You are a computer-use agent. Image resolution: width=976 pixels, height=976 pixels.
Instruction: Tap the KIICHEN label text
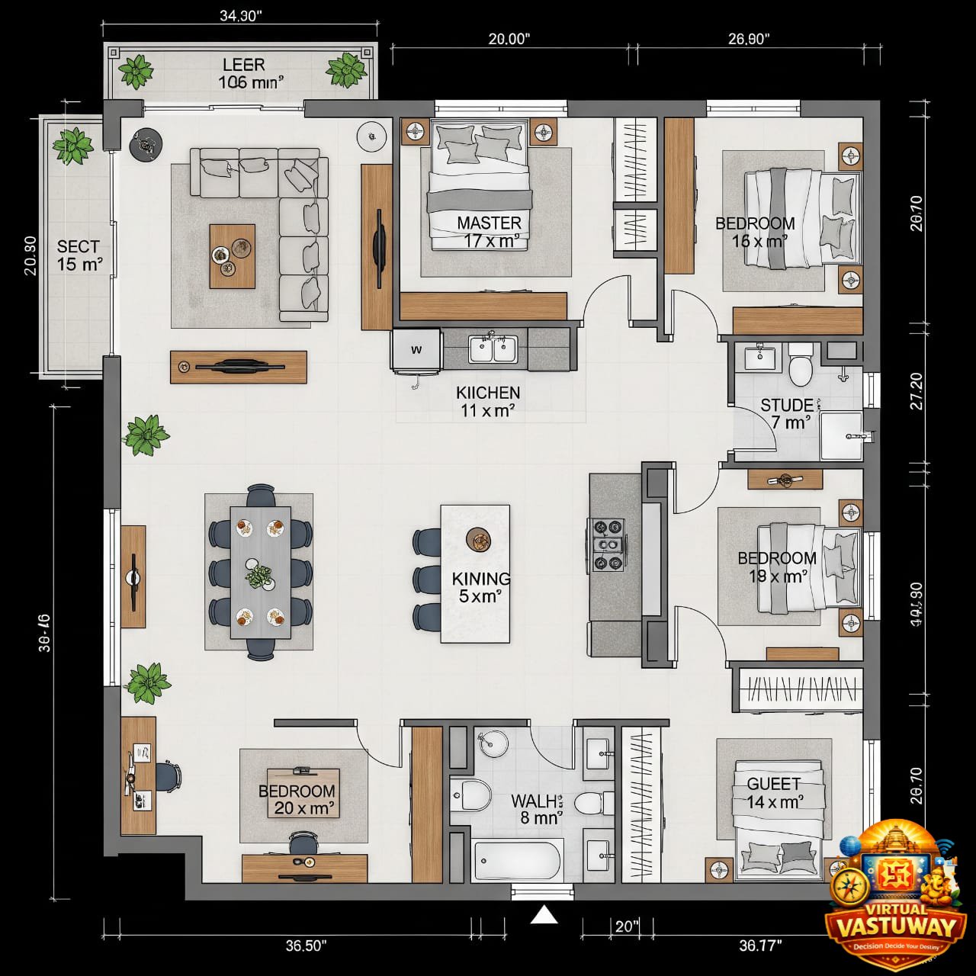tap(488, 401)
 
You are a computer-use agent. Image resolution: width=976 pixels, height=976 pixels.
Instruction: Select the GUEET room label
tap(774, 793)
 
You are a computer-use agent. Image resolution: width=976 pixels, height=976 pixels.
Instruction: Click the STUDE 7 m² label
tap(787, 413)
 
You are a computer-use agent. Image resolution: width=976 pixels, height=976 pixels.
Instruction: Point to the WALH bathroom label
tap(536, 809)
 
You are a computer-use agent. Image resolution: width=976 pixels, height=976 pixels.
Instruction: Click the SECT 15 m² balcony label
tap(79, 255)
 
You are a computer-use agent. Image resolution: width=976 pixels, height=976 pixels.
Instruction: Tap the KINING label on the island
tap(480, 586)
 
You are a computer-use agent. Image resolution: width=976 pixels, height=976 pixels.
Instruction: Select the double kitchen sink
tap(493, 349)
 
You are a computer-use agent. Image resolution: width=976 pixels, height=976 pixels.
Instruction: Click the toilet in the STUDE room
tap(801, 365)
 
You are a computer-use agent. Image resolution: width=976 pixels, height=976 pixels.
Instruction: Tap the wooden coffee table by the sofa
tap(233, 256)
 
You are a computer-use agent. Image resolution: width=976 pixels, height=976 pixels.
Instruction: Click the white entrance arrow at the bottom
tap(544, 914)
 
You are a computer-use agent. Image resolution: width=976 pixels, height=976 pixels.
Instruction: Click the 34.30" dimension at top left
tap(240, 17)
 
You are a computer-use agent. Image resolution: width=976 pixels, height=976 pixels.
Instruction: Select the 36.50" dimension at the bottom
tap(306, 945)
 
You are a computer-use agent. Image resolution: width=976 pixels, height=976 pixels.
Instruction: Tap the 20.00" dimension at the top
tap(509, 39)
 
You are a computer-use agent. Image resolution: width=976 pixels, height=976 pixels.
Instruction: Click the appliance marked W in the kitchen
tap(416, 350)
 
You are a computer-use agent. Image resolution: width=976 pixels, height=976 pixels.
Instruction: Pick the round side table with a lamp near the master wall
tap(372, 137)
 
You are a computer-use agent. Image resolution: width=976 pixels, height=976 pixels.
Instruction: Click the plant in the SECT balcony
tap(73, 146)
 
